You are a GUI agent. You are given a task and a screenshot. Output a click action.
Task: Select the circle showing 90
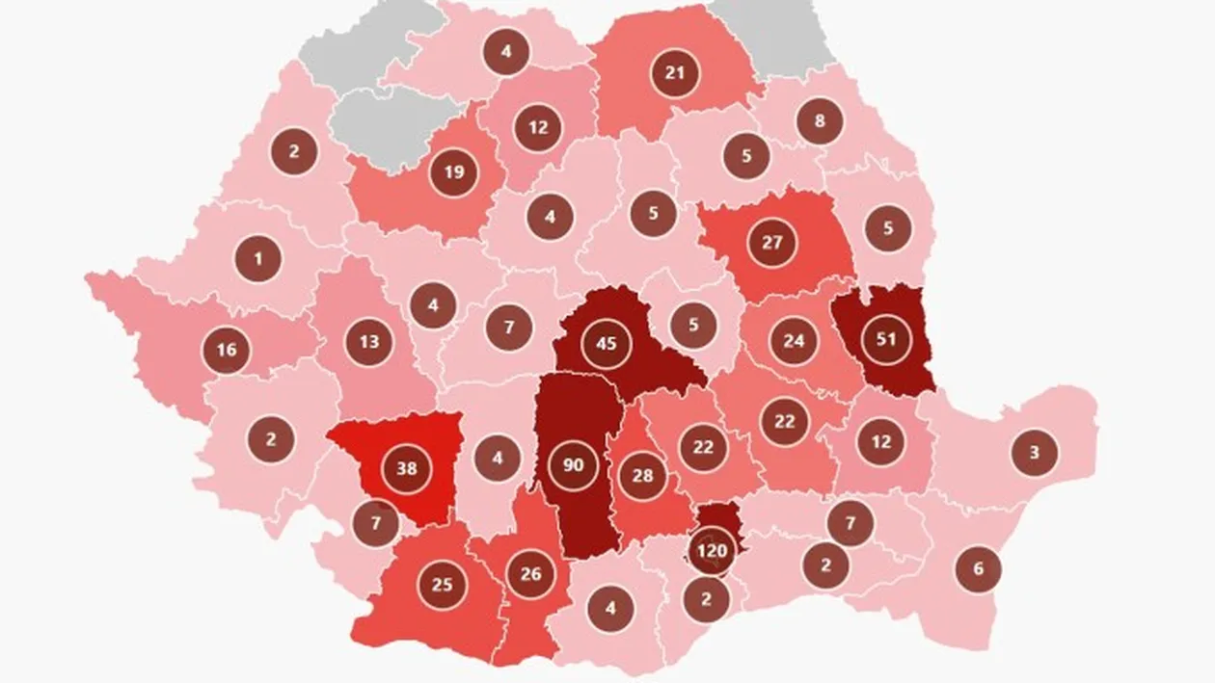coord(573,466)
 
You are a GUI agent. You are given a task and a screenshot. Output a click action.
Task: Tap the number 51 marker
coord(885,338)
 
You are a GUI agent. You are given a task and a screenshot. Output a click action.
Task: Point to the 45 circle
coord(607,344)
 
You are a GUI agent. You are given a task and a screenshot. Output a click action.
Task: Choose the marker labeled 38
coord(407,470)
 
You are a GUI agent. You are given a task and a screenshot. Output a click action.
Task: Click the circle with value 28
coord(643,476)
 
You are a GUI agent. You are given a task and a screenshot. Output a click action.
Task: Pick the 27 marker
coord(771,242)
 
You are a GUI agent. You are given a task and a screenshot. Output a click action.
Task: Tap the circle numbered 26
coord(530,575)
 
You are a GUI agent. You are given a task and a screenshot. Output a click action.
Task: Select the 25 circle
coord(442,584)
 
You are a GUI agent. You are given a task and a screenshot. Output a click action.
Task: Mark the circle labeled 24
coord(794,341)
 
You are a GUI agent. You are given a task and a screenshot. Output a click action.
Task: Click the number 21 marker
coord(674,73)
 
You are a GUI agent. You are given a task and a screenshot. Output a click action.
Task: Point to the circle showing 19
coord(454,173)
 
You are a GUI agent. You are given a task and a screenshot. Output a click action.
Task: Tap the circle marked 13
coord(369,341)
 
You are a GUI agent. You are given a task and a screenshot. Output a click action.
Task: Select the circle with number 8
coord(820,122)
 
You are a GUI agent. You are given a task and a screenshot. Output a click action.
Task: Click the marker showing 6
coord(978,568)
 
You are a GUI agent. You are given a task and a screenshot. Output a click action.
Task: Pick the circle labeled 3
coord(1035,452)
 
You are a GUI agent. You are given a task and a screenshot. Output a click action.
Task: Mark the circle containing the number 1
coord(257,258)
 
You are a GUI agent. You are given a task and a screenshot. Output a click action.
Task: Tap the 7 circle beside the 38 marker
coord(374,524)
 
